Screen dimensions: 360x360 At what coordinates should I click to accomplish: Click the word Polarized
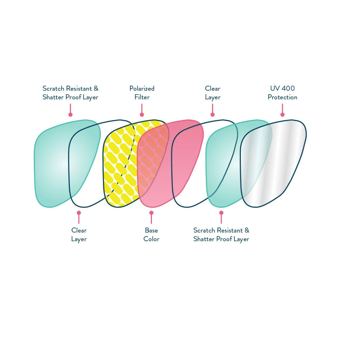[x=142, y=89]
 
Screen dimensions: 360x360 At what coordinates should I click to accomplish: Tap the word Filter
[x=142, y=97]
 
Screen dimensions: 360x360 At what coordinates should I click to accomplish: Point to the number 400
[x=288, y=88]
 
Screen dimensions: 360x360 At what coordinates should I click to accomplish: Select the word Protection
[x=282, y=97]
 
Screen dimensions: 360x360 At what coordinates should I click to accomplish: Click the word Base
[x=151, y=230]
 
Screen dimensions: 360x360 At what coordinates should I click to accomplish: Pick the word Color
[x=151, y=239]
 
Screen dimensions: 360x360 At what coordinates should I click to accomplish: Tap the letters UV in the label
[x=275, y=88]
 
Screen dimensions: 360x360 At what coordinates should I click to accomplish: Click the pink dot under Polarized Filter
[x=142, y=114]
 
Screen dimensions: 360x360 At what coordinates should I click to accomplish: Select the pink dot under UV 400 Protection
[x=282, y=114]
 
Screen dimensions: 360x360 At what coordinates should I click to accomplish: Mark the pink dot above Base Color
[x=151, y=213]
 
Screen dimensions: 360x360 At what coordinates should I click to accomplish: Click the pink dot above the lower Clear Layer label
[x=79, y=213]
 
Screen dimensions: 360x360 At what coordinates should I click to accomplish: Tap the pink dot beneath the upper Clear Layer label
[x=213, y=114]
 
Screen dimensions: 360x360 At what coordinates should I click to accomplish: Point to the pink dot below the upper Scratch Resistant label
[x=71, y=114]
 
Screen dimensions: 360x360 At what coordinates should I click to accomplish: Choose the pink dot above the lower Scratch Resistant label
[x=221, y=213]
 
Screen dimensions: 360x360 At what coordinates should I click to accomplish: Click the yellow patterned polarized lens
[x=122, y=163]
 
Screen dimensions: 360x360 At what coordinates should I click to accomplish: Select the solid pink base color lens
[x=170, y=163]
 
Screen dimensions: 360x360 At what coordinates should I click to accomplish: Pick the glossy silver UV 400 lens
[x=273, y=163]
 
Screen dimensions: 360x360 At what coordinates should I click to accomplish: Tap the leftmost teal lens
[x=67, y=163]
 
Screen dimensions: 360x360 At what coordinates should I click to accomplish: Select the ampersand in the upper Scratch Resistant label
[x=96, y=89]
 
